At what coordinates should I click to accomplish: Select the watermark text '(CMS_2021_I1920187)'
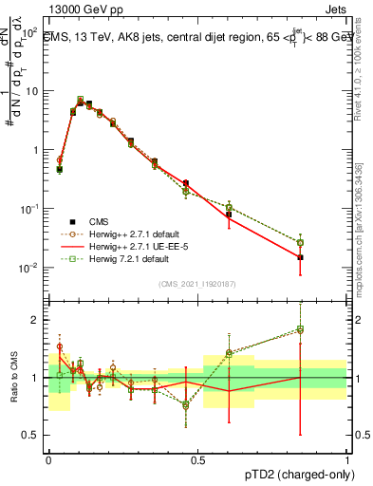point(197,284)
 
